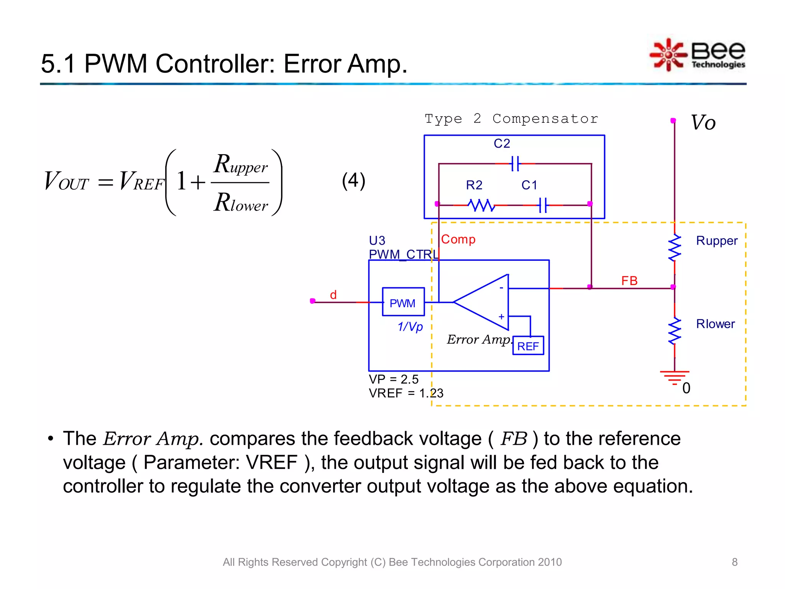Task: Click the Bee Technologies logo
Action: coord(698,55)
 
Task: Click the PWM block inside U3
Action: coord(403,302)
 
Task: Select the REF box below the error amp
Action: coord(528,346)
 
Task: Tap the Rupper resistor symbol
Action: coord(675,248)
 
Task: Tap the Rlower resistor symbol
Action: coord(675,331)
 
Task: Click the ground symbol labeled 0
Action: coord(675,376)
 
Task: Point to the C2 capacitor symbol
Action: coord(516,164)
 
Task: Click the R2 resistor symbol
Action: coord(481,205)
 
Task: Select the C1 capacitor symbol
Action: coord(543,205)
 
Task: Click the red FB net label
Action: coord(629,280)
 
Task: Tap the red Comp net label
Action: coord(458,239)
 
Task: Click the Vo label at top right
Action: coord(703,123)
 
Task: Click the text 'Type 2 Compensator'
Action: coord(511,118)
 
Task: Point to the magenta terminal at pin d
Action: coord(312,301)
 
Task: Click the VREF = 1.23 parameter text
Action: coord(406,393)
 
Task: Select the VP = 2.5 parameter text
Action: coord(393,379)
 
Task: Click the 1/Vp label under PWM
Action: coord(410,326)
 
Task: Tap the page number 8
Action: coord(734,562)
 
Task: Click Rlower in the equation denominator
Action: coord(241,202)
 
